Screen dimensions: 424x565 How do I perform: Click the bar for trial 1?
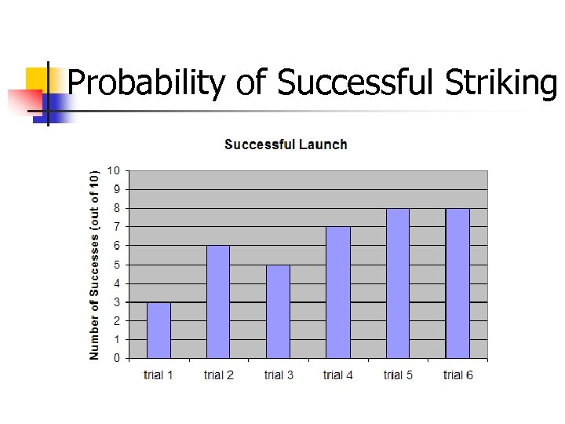(x=159, y=330)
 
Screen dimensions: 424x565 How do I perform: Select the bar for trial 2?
(x=218, y=302)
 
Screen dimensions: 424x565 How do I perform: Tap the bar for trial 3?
(x=278, y=311)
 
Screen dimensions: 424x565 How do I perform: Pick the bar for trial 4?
(x=338, y=292)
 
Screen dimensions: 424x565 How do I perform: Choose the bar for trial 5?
(x=398, y=283)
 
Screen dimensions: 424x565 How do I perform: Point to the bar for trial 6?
(x=457, y=283)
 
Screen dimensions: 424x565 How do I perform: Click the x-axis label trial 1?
(x=159, y=375)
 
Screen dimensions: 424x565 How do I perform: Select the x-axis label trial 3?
(x=279, y=375)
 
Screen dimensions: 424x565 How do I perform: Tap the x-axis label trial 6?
(x=458, y=375)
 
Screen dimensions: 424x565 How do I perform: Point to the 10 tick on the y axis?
(x=114, y=170)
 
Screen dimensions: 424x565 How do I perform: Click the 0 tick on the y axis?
(x=117, y=358)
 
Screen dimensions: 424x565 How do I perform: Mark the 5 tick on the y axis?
(x=117, y=265)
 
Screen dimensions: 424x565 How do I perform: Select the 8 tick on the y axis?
(x=117, y=208)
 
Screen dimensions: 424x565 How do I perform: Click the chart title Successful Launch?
(x=286, y=144)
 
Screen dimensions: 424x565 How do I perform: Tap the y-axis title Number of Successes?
(x=95, y=265)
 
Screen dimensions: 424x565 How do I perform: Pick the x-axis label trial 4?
(x=338, y=375)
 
